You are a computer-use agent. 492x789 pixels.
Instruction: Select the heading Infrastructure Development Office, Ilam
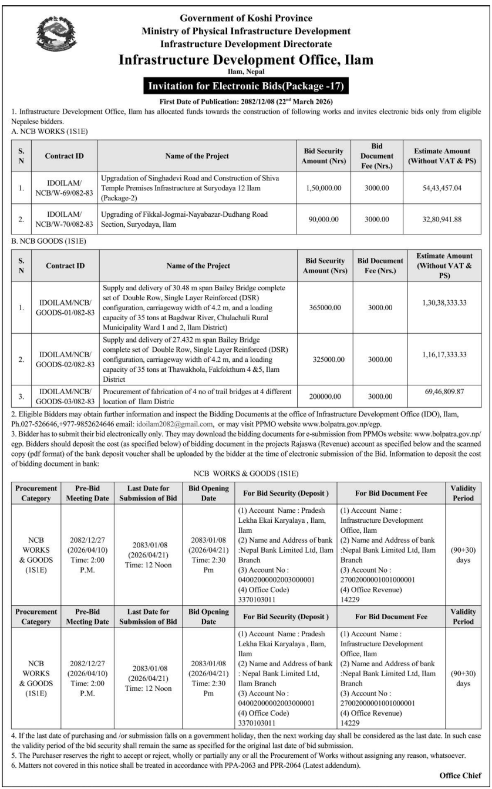point(246,61)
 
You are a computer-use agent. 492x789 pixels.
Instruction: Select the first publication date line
point(246,101)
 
